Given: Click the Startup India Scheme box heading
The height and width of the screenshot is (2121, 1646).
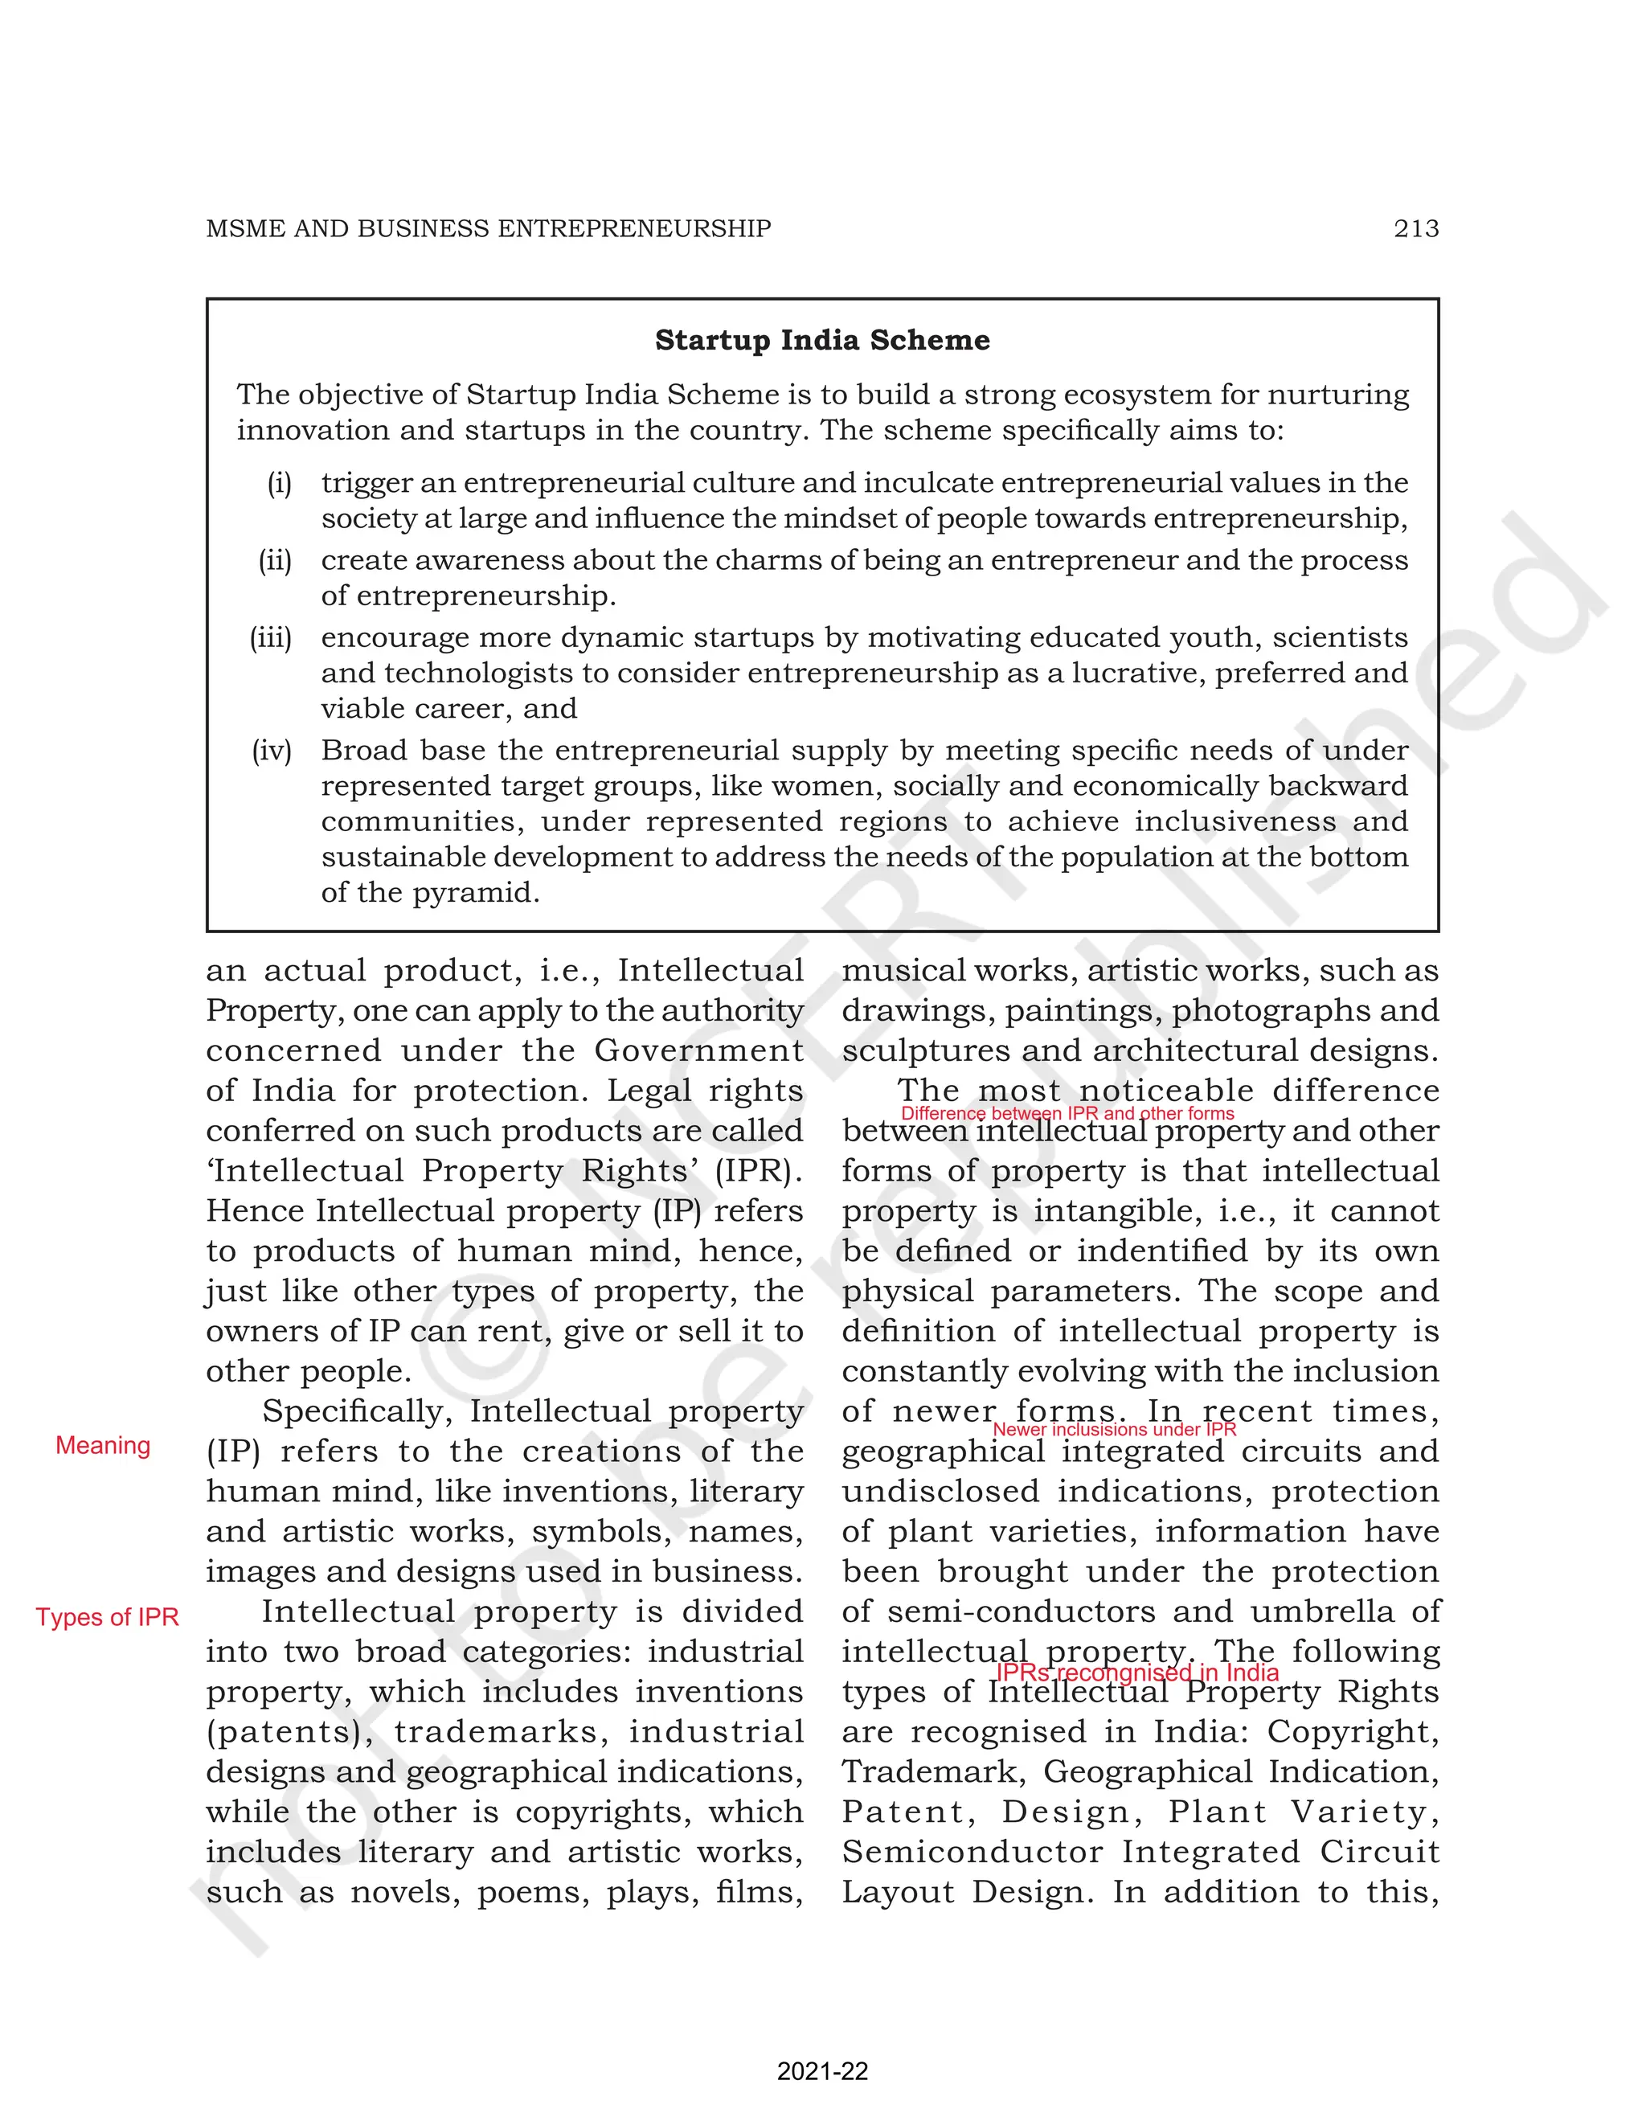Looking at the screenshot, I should click(821, 340).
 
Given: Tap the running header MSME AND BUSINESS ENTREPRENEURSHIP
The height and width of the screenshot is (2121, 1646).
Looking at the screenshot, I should click(489, 228).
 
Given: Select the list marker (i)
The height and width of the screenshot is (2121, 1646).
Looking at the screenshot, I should click(280, 483).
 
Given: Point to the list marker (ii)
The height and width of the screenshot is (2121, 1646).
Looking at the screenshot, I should click(275, 560).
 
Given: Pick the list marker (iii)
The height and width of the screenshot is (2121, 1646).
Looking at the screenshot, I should click(271, 637).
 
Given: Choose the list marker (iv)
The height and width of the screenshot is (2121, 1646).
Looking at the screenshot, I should click(272, 750).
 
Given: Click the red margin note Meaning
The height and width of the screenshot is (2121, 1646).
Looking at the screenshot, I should click(103, 1445).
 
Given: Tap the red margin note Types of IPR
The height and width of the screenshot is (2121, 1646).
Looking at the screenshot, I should click(107, 1617).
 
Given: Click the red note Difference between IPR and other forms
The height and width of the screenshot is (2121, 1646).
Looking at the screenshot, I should click(1067, 1113).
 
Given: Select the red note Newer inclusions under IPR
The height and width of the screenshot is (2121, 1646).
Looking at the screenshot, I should click(1114, 1430).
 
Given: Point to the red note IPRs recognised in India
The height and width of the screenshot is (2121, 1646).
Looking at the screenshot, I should click(1137, 1673).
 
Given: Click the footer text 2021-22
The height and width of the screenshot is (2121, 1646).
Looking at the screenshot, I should click(821, 2071).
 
